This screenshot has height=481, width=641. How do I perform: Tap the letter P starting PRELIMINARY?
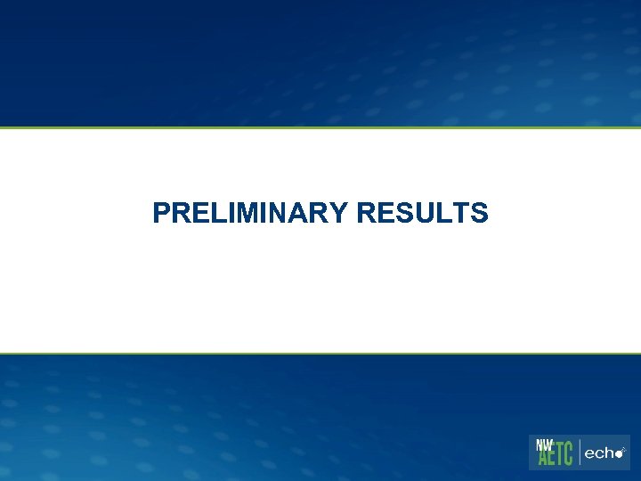(x=160, y=213)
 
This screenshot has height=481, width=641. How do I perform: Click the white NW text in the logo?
(x=544, y=444)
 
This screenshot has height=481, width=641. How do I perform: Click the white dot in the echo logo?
(x=619, y=454)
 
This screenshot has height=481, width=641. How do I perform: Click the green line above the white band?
(x=320, y=127)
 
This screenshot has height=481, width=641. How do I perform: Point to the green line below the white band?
(x=320, y=354)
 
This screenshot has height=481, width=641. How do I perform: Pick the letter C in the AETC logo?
(x=570, y=455)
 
